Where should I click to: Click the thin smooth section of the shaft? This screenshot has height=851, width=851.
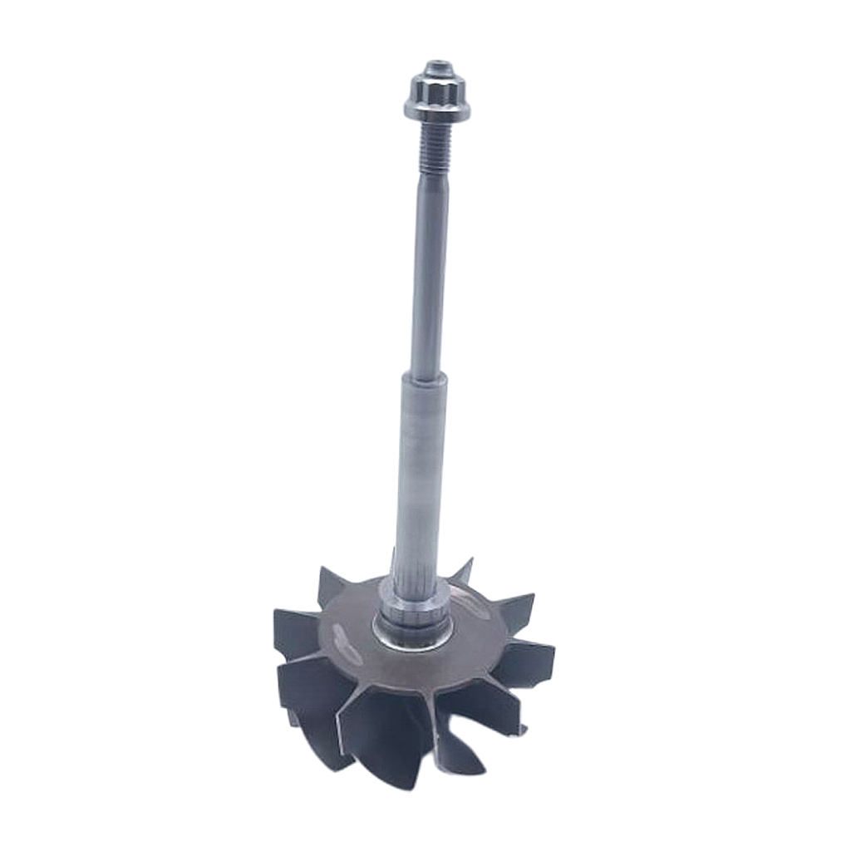pyautogui.click(x=426, y=274)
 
